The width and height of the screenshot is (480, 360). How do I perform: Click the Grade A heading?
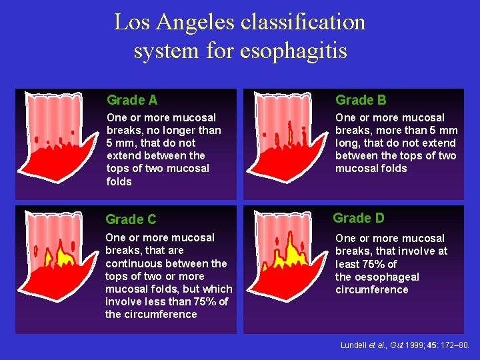(132, 101)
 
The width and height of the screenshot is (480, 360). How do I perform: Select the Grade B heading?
(361, 101)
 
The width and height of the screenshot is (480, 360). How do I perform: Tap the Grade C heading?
(131, 219)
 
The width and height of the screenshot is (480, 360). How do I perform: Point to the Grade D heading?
(359, 218)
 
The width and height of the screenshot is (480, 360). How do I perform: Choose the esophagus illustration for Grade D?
(286, 260)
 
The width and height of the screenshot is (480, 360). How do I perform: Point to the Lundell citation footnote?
(405, 345)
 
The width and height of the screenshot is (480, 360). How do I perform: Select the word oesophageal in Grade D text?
(377, 277)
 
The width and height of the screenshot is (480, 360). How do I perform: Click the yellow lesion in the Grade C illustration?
(66, 257)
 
